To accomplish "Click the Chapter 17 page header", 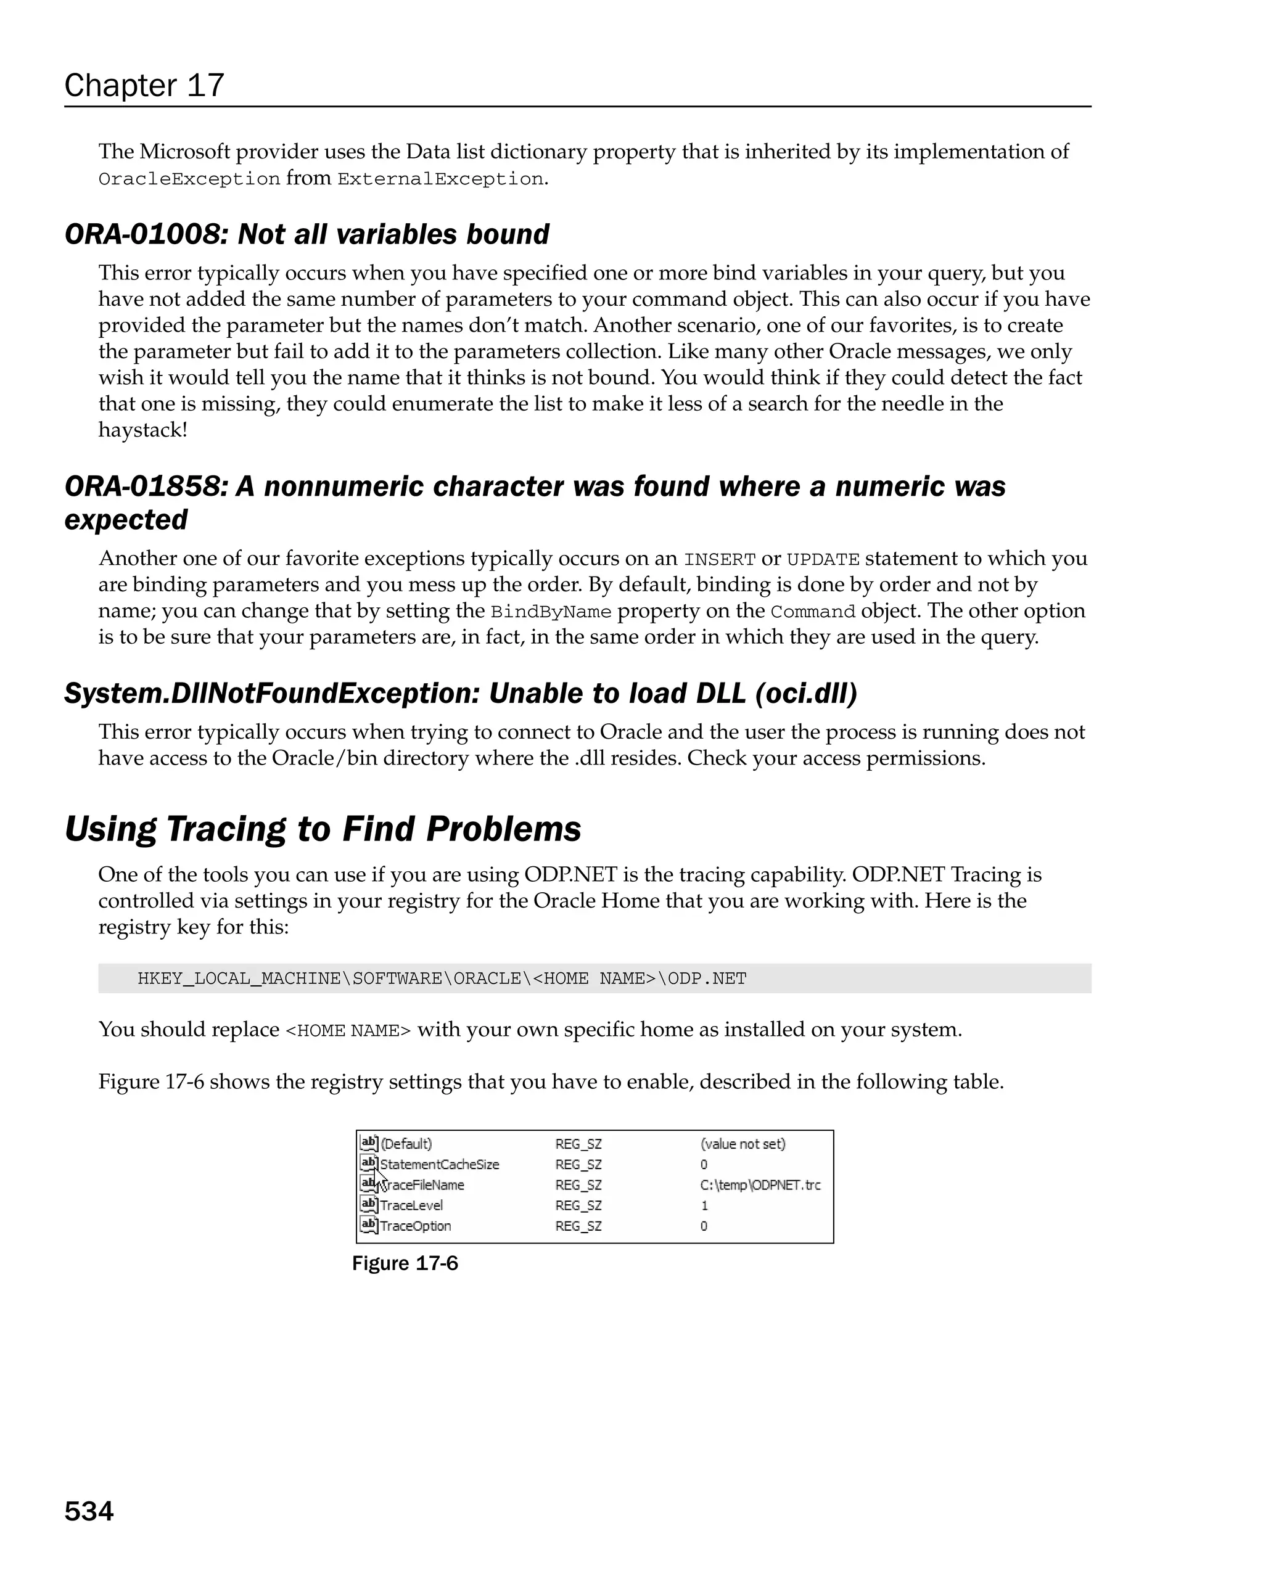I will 144,85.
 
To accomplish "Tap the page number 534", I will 89,1511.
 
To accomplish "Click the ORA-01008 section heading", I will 306,234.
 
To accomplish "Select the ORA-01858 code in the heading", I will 144,486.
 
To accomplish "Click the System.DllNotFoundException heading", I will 460,693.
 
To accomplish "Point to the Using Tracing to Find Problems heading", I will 323,829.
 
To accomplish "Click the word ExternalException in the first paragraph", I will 440,179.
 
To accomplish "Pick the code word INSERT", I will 718,560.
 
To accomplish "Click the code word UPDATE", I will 822,560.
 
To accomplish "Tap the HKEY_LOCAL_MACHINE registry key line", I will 442,979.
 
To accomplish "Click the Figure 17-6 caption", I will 405,1263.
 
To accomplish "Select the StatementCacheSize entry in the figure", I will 439,1165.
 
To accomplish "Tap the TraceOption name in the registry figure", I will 415,1226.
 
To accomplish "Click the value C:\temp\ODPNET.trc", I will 760,1185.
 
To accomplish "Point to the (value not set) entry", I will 742,1144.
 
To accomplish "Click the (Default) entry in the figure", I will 406,1144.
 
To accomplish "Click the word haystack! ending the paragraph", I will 142,430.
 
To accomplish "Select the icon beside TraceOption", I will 368,1225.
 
